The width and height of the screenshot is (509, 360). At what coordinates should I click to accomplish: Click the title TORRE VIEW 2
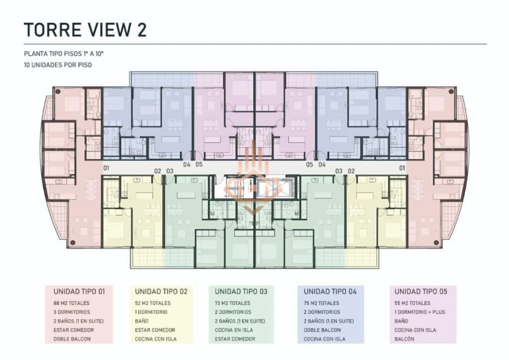85,30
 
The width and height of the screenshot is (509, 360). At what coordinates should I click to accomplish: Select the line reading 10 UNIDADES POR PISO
58,65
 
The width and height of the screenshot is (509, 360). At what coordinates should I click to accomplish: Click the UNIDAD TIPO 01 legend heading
79,292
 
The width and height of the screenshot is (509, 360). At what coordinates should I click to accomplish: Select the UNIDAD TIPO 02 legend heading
161,292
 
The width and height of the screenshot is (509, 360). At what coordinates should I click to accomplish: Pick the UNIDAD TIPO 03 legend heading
241,292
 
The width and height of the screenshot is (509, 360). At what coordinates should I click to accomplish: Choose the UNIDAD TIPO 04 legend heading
330,292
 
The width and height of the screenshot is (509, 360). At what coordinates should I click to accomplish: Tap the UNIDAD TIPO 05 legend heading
421,292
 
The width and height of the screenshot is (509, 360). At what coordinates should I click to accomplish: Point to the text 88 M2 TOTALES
71,303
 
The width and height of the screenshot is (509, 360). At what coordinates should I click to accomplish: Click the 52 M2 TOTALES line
153,303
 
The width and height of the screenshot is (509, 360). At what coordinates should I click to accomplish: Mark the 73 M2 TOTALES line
232,303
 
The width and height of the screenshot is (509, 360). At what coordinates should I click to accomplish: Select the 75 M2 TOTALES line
322,303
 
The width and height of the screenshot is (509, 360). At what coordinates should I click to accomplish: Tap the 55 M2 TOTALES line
412,303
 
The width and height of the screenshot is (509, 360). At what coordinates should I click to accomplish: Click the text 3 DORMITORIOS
72,312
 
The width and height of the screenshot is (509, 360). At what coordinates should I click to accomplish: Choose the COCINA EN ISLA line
235,330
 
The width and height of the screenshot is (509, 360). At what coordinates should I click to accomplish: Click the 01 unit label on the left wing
106,168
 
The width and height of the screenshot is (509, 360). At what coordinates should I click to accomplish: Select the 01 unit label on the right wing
402,168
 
